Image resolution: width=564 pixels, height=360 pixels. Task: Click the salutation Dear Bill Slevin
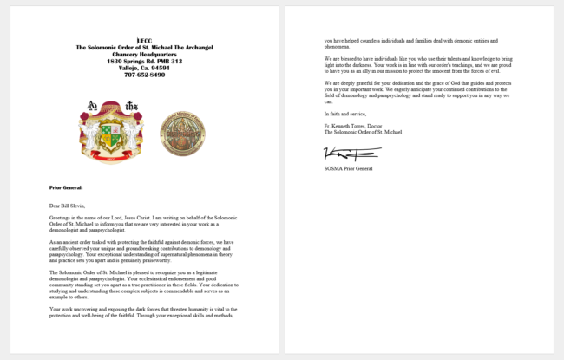(69, 205)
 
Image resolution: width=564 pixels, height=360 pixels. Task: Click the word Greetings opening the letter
(60, 217)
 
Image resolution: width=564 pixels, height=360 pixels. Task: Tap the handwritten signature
(339, 154)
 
